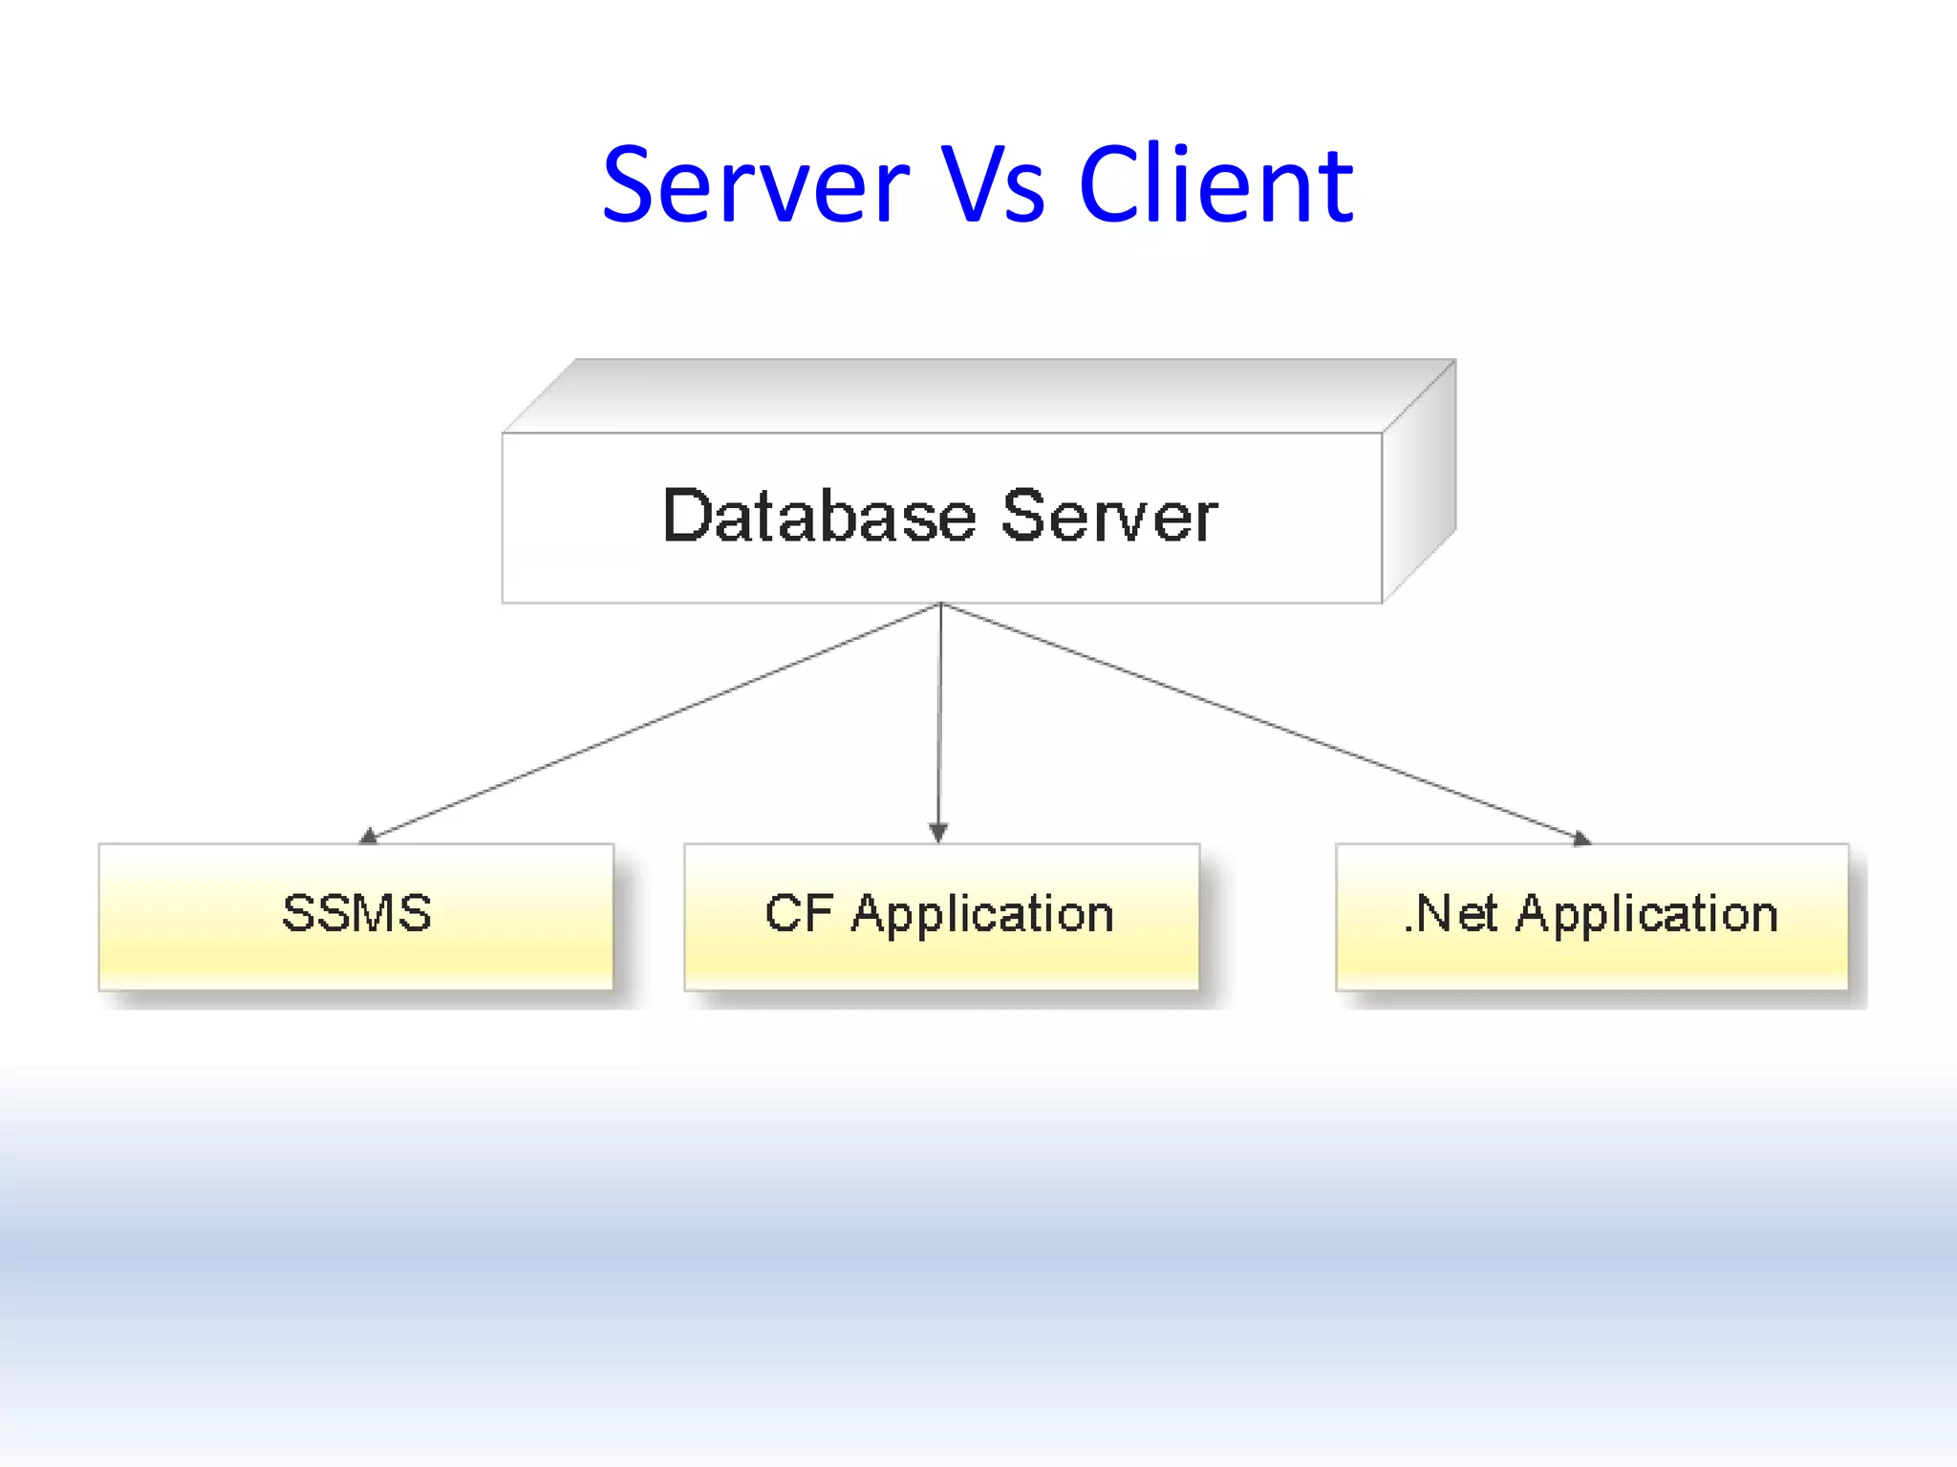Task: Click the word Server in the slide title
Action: (755, 185)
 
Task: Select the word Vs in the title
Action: (994, 185)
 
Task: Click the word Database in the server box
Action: (819, 517)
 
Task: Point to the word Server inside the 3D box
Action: (1109, 517)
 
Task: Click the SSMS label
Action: (356, 913)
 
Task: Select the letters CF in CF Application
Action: (798, 913)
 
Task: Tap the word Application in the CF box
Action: (982, 915)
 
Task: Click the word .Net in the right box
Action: (1451, 913)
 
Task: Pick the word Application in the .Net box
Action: (1646, 915)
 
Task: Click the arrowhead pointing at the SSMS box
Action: (368, 838)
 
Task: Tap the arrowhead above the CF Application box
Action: (938, 833)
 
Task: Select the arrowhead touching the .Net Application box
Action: (1581, 839)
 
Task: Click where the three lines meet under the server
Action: (941, 605)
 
